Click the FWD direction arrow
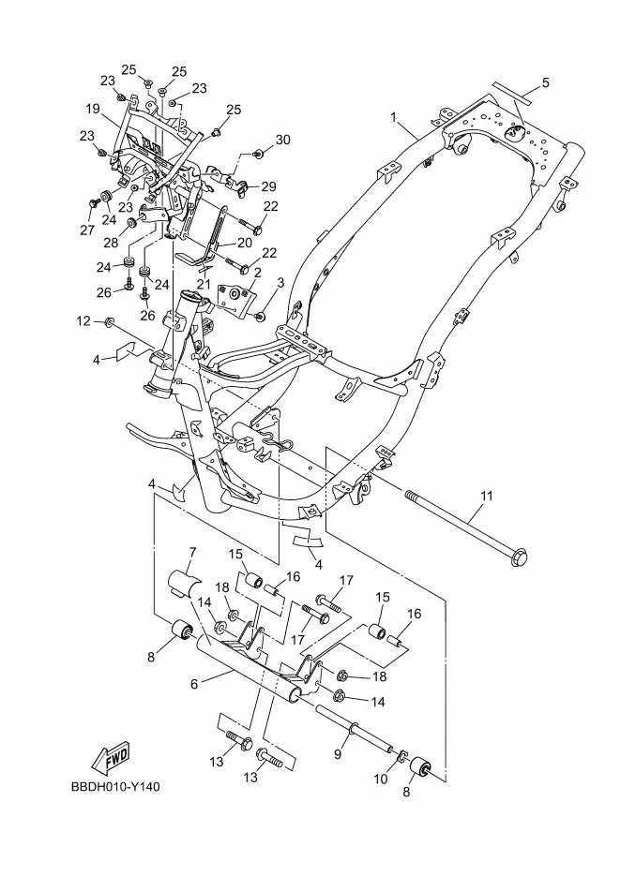click(x=112, y=756)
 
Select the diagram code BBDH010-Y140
click(x=115, y=787)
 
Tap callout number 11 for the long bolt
click(x=487, y=496)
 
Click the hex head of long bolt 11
click(x=520, y=557)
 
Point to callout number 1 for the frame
click(x=394, y=117)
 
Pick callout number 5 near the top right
click(x=545, y=82)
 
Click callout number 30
click(x=283, y=139)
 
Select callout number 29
click(x=269, y=186)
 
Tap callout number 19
click(x=93, y=109)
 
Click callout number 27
click(x=86, y=230)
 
